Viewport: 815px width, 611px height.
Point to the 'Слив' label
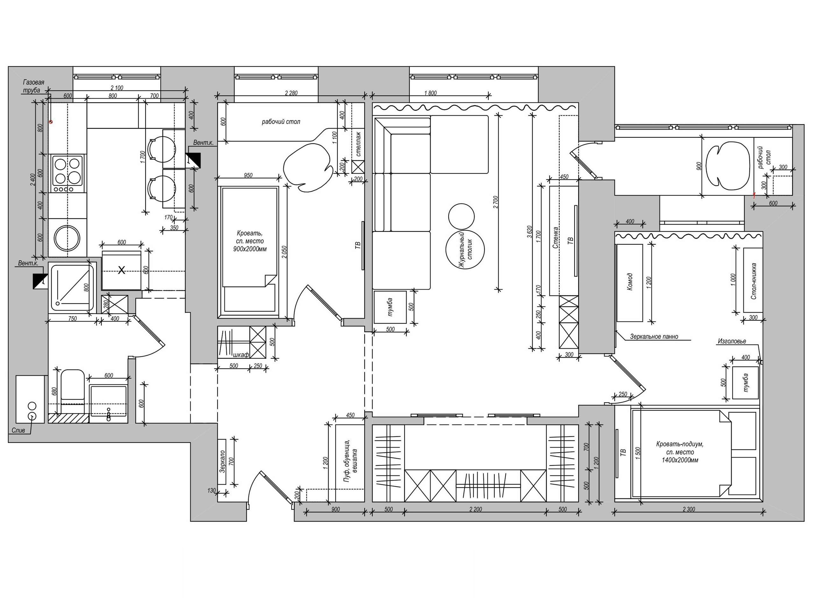tap(18, 430)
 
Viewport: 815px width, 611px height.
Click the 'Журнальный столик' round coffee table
tap(465, 249)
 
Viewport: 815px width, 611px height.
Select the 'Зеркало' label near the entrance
tap(222, 461)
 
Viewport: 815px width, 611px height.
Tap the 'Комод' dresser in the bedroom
tap(630, 283)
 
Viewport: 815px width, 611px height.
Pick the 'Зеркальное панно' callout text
tap(654, 336)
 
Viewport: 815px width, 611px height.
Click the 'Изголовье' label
tap(732, 341)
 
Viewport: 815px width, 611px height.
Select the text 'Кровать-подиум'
tap(680, 444)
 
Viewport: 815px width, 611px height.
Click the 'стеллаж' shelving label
tap(358, 144)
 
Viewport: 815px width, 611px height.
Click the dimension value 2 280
tap(291, 93)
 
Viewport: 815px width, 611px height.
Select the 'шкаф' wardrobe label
tap(241, 355)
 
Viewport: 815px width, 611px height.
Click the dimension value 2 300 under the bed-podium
tap(689, 509)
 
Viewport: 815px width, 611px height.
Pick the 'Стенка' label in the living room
tap(556, 237)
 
